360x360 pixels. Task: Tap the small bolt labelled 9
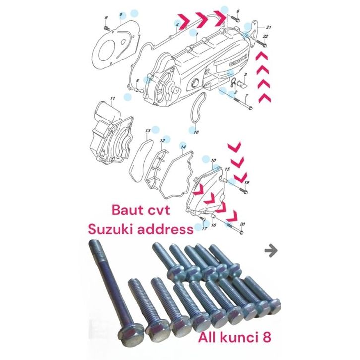(106, 28)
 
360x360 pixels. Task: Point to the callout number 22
(265, 37)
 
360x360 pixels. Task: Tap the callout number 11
(113, 98)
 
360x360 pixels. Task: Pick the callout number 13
(147, 131)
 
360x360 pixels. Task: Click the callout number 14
(183, 147)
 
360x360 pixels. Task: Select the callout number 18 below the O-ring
(196, 132)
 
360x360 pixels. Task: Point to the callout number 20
(242, 224)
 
